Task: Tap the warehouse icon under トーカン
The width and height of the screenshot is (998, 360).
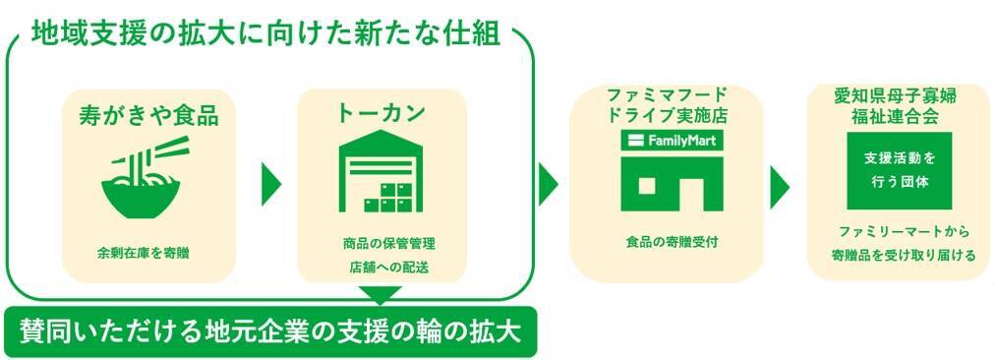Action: pyautogui.click(x=382, y=171)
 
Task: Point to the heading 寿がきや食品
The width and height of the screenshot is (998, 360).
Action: pyautogui.click(x=148, y=115)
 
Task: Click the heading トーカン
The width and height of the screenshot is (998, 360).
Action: pyautogui.click(x=382, y=113)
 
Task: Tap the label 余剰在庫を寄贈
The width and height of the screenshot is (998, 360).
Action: pyautogui.click(x=144, y=253)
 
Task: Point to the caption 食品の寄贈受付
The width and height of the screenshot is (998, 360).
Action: pyautogui.click(x=673, y=242)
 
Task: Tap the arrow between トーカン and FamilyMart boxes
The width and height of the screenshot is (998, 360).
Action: pyautogui.click(x=547, y=185)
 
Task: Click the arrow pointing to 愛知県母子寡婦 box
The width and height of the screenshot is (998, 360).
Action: pyautogui.click(x=779, y=187)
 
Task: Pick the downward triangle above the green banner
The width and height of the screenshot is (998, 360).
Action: pyautogui.click(x=381, y=295)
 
